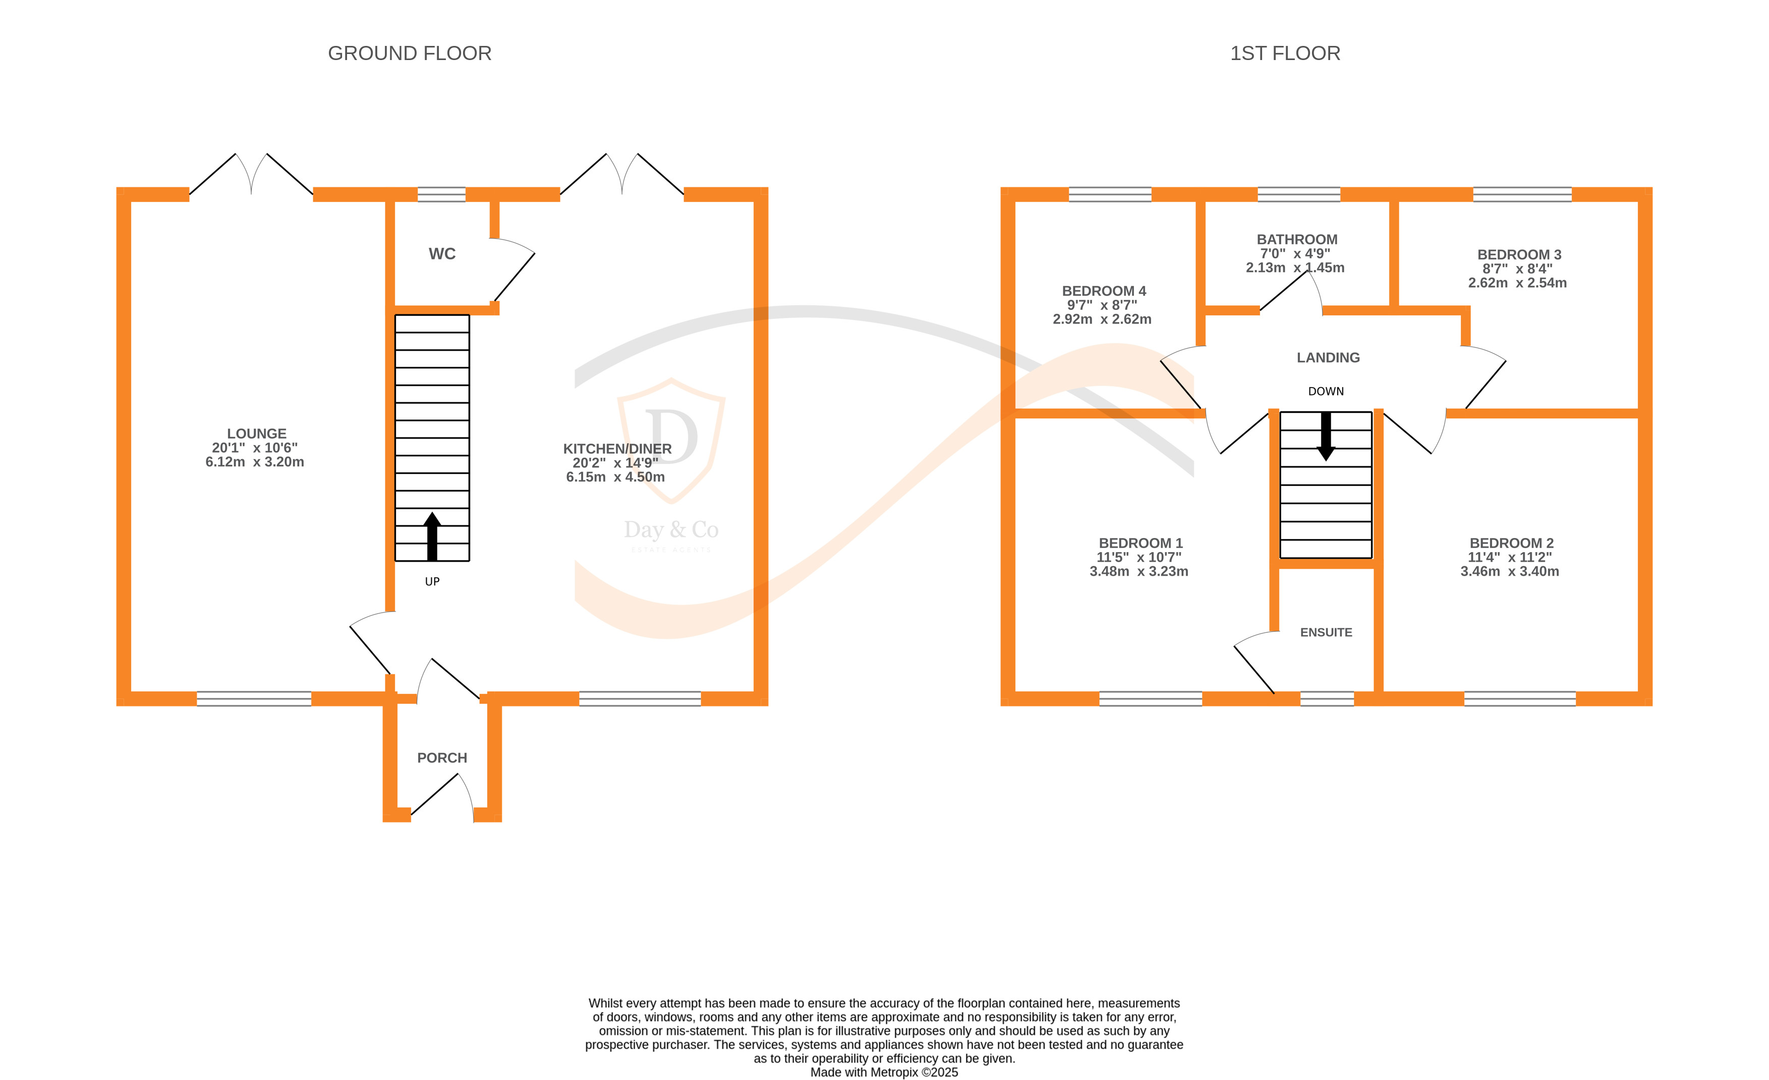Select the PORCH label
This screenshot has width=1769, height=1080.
pos(441,758)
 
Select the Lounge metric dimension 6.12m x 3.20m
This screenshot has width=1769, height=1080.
pos(255,462)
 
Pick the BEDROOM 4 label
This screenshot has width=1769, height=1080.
pos(1104,291)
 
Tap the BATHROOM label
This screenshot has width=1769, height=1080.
pos(1296,240)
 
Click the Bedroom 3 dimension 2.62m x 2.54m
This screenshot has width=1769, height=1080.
pos(1517,283)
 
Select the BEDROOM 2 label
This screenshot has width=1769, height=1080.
pos(1511,544)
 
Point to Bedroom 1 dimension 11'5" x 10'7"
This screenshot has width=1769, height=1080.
pos(1138,557)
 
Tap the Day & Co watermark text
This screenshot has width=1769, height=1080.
pos(670,530)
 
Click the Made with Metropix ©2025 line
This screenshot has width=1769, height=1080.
pos(884,1072)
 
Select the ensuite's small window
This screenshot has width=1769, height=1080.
pos(1327,698)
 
